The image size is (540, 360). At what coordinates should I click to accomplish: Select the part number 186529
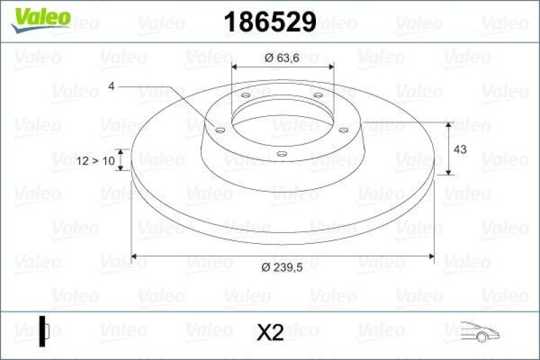(x=269, y=22)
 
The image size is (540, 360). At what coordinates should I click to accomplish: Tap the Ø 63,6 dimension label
(x=282, y=58)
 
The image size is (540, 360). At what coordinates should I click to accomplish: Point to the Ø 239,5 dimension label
(x=282, y=267)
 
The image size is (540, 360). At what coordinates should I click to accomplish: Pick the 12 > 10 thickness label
(x=94, y=161)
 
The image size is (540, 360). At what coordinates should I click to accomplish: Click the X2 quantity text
(x=270, y=332)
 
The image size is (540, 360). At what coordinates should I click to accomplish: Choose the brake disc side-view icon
(x=44, y=331)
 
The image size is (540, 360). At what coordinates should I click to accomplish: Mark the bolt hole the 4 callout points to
(x=220, y=129)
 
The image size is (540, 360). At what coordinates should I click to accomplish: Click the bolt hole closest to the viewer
(x=281, y=154)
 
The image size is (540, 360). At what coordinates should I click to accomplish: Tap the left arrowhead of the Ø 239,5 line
(x=134, y=257)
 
